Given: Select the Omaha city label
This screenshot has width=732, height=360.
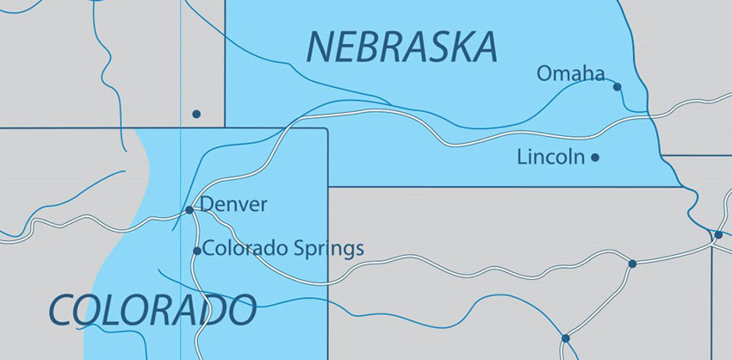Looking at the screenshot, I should click(570, 74).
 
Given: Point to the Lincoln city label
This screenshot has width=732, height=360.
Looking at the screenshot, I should click(550, 158).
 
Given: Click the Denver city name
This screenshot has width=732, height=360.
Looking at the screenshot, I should click(233, 205).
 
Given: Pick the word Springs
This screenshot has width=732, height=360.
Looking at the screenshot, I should click(326, 251).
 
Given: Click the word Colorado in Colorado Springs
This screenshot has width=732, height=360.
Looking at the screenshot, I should click(245, 250).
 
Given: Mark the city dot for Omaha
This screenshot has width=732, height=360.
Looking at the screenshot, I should click(617, 86).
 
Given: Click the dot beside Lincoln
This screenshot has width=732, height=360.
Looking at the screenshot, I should click(595, 158).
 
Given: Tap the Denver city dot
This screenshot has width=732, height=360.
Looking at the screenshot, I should click(189, 209).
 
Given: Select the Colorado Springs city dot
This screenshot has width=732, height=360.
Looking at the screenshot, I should click(196, 251).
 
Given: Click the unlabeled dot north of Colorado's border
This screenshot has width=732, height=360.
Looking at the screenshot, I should click(196, 114).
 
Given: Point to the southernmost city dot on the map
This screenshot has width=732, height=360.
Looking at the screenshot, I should click(565, 338).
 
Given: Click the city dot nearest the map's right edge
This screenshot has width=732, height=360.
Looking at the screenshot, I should click(718, 234).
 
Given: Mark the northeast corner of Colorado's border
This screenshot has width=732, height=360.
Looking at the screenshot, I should click(327, 129).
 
